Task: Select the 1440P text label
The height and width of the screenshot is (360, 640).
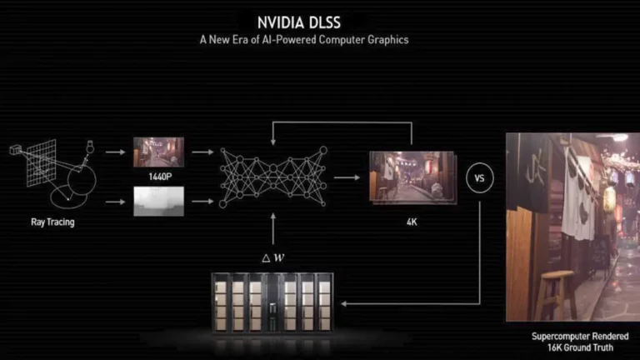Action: (152, 177)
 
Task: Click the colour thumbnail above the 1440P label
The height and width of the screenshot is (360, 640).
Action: (152, 152)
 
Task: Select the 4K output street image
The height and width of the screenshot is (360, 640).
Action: (411, 177)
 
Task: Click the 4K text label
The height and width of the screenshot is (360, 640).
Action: (411, 222)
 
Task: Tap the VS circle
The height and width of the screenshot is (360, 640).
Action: (479, 177)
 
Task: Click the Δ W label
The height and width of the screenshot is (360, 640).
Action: (272, 257)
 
